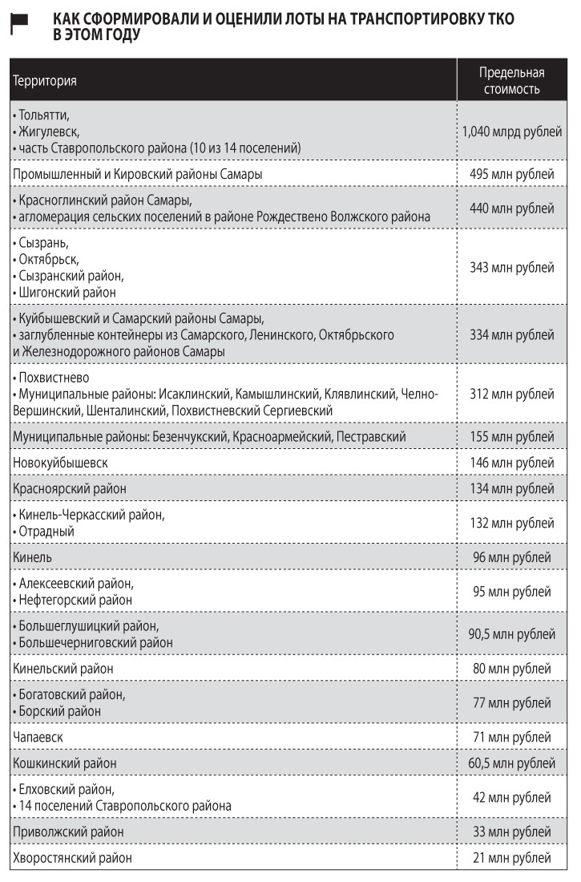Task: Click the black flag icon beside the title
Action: click(19, 25)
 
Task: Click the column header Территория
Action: click(45, 81)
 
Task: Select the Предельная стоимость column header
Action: click(511, 81)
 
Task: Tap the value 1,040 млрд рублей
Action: click(511, 131)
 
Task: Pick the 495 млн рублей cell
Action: click(511, 174)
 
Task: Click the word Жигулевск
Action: click(48, 131)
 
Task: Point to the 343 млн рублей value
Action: click(511, 267)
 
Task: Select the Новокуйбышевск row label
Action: click(60, 463)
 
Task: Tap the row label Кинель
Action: click(33, 556)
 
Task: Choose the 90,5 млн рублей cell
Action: click(511, 634)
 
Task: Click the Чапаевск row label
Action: click(38, 736)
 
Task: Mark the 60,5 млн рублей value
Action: click(511, 763)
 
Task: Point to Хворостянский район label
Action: click(72, 858)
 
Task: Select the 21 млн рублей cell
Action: click(511, 858)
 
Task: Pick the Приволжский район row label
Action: click(68, 831)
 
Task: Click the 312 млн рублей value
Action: click(511, 394)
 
